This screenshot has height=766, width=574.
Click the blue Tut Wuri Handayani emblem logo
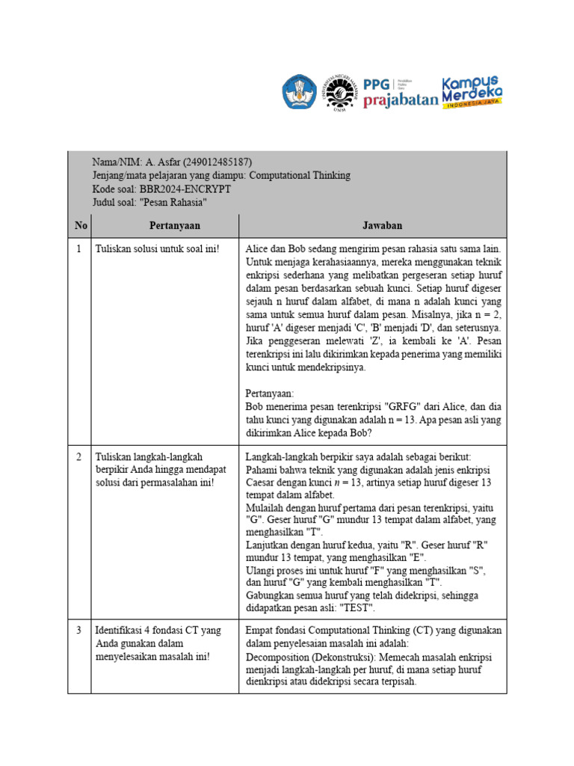pos(300,93)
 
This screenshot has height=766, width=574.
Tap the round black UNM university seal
pos(339,94)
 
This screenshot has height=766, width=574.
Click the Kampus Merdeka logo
pos(472,91)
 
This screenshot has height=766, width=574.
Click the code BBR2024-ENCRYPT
pos(185,189)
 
